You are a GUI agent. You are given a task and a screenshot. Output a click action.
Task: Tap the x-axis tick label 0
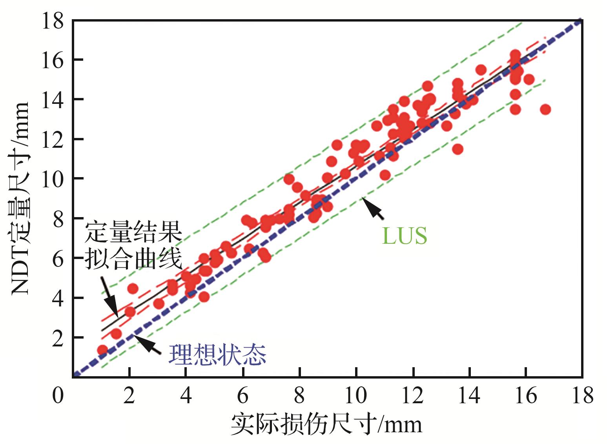click(58, 396)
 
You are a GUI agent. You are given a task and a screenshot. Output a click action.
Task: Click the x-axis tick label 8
click(300, 396)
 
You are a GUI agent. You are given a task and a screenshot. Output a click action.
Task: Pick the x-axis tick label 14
click(469, 396)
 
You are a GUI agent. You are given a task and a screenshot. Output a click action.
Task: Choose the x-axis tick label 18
click(582, 396)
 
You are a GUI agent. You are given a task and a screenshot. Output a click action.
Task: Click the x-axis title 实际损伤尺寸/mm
click(326, 425)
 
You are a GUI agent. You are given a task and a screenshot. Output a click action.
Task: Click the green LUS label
click(405, 236)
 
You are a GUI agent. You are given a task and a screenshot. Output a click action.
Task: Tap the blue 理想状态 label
click(217, 355)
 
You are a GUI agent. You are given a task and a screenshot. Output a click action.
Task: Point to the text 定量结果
click(133, 233)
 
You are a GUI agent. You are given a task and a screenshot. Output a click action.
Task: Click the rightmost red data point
click(545, 109)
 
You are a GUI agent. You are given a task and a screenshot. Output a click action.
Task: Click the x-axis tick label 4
click(186, 396)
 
